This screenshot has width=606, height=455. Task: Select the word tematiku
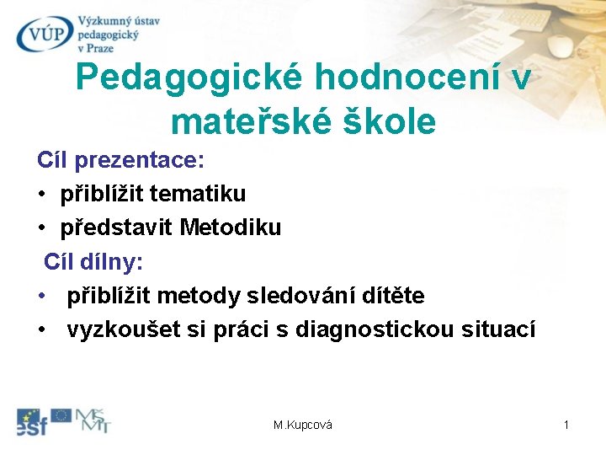pyautogui.click(x=199, y=194)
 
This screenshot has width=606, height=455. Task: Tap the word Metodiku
pyautogui.click(x=231, y=227)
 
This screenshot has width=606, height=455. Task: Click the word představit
pyautogui.click(x=117, y=227)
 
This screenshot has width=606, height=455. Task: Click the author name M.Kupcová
pyautogui.click(x=303, y=426)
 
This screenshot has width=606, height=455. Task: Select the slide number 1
pyautogui.click(x=566, y=426)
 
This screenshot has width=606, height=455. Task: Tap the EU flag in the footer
pyautogui.click(x=61, y=415)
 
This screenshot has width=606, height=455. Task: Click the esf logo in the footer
pyautogui.click(x=31, y=421)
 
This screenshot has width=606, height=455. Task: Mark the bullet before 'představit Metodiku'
pyautogui.click(x=41, y=228)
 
